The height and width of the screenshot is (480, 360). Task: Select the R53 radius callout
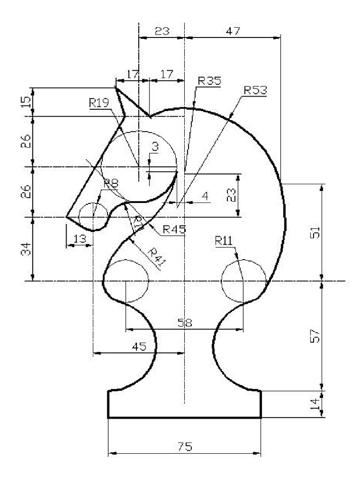tap(255, 90)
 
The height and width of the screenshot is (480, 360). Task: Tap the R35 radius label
tap(209, 81)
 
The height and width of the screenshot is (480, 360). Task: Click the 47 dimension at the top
tap(232, 31)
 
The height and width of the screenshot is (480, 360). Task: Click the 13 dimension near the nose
tap(80, 239)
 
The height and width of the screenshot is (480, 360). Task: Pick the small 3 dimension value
tap(155, 146)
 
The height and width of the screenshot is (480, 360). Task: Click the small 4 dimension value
tap(205, 196)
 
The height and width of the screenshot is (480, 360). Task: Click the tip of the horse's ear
tap(115, 87)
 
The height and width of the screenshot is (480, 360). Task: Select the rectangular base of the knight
tap(185, 404)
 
